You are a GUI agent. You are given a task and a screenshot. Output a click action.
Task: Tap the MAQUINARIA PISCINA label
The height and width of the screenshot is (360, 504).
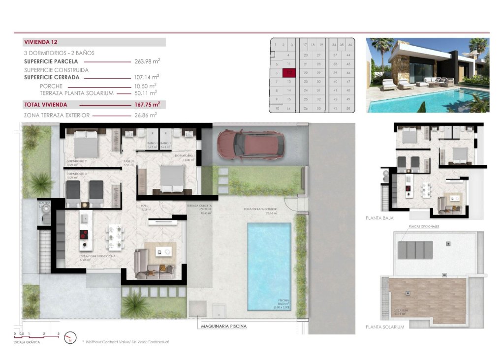[223, 326]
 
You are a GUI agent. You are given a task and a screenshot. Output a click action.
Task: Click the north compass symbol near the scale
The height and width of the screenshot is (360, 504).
[71, 338]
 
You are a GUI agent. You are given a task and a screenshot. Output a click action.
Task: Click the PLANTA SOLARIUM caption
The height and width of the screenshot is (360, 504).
[384, 327]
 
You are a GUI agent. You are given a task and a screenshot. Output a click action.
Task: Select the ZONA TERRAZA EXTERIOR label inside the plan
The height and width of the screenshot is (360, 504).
[260, 209]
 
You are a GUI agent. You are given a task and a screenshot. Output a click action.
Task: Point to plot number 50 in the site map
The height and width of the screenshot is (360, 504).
[348, 108]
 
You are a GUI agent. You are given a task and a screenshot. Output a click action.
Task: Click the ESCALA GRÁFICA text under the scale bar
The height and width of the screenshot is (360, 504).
[27, 342]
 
